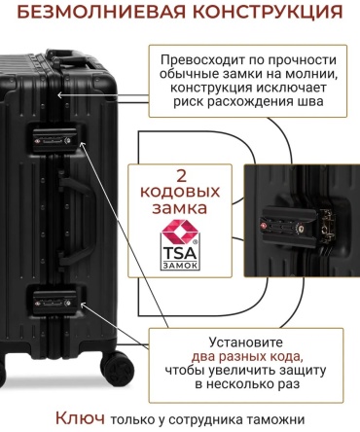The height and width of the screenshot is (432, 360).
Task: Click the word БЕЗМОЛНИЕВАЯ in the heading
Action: pyautogui.click(x=101, y=12)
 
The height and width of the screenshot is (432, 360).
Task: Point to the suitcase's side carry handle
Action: pyautogui.click(x=77, y=220)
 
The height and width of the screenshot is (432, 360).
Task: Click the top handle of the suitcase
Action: pyautogui.click(x=70, y=57)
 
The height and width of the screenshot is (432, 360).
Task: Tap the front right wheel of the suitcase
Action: pyautogui.click(x=117, y=367)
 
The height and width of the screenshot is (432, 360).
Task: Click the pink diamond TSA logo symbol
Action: pyautogui.click(x=180, y=232)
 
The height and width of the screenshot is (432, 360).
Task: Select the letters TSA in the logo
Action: pyautogui.click(x=180, y=253)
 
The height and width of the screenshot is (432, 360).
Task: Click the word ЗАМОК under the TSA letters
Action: pyautogui.click(x=180, y=265)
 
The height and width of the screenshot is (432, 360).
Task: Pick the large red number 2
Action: pyautogui.click(x=181, y=175)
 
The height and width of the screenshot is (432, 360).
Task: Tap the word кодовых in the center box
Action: pyautogui.click(x=180, y=192)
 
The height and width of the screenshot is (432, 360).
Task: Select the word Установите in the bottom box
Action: pyautogui.click(x=245, y=342)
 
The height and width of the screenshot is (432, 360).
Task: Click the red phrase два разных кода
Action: pyautogui.click(x=247, y=356)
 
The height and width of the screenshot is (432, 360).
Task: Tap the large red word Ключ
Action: pyautogui.click(x=80, y=418)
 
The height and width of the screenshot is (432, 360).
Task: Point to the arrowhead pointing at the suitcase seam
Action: pyautogui.click(x=59, y=95)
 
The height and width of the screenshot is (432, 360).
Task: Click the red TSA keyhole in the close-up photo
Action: pyautogui.click(x=263, y=225)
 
